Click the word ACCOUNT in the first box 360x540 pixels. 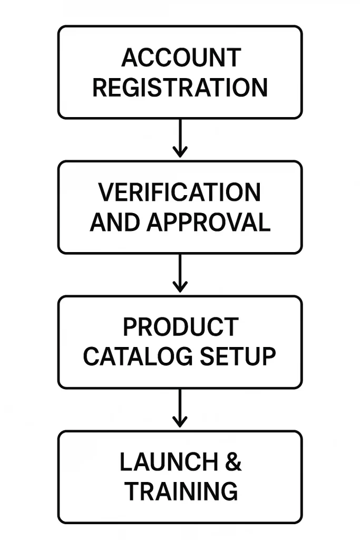pos(180,57)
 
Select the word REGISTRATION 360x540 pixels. pos(180,88)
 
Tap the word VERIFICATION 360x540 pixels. pos(180,192)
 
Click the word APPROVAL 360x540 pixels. pos(208,223)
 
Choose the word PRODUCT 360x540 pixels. pos(180,327)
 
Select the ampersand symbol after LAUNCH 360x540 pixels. pos(232,462)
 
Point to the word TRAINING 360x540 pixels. pos(181,491)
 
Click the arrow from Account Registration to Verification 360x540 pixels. pos(180,137)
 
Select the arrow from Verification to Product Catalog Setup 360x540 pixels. pos(180,272)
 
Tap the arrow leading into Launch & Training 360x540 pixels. pos(180,407)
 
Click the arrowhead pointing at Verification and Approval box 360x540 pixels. pos(180,152)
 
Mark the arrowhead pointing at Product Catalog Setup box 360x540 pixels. pos(180,287)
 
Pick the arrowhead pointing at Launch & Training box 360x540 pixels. pos(180,422)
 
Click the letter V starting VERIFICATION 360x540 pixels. pos(106,192)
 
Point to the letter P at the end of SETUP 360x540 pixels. pos(268,357)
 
